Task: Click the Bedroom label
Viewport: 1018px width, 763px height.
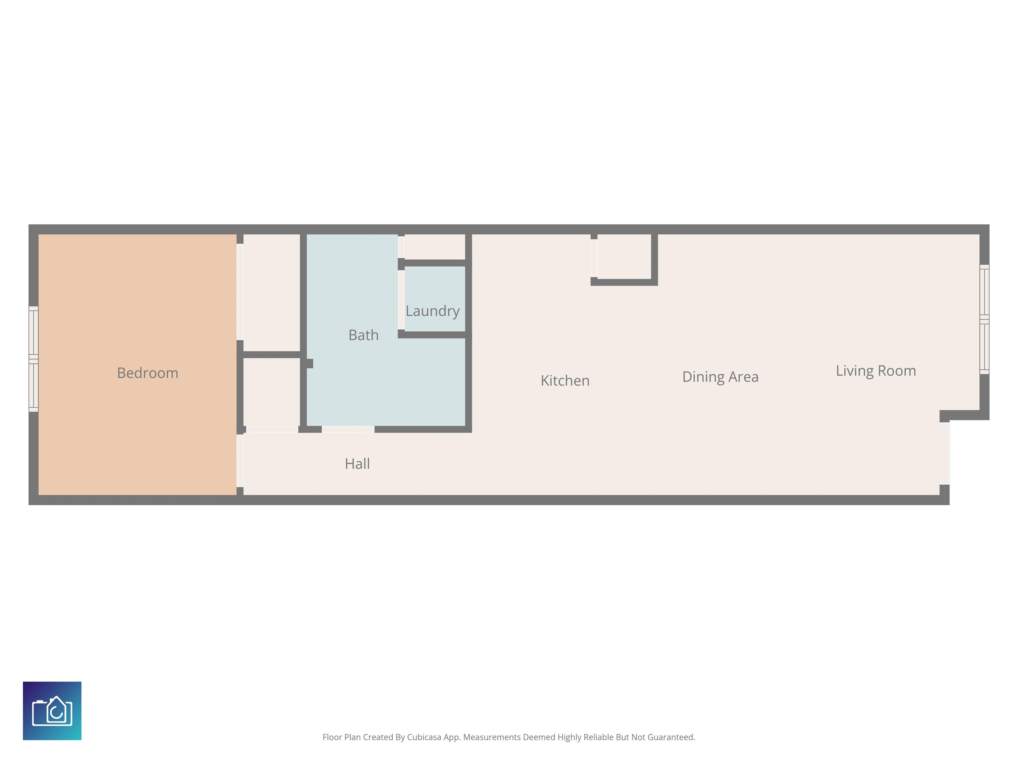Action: [148, 373]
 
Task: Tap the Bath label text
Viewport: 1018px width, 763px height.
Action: [364, 335]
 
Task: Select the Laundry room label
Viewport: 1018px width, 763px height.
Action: [432, 311]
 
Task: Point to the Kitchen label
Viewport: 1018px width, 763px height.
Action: [565, 381]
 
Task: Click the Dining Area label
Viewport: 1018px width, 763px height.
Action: [720, 377]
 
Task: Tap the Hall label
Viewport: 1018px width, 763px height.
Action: [358, 464]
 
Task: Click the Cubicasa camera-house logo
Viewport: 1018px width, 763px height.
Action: [52, 711]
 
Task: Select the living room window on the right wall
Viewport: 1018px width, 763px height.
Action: [985, 319]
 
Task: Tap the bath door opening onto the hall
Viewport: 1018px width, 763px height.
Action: [348, 429]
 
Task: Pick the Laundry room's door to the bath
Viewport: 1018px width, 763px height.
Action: [401, 300]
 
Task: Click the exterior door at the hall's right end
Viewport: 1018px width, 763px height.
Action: [944, 453]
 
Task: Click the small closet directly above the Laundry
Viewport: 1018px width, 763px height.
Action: [435, 247]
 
